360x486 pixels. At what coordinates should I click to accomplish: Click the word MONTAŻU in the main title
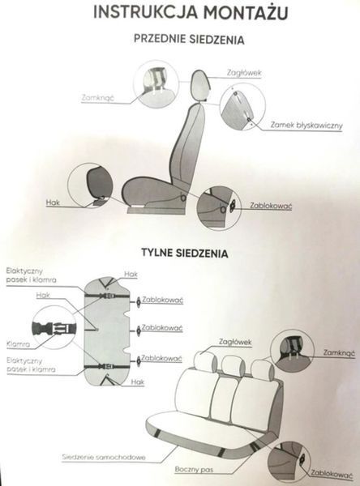point(246,13)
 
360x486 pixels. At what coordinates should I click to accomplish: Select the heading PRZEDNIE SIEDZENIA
point(189,40)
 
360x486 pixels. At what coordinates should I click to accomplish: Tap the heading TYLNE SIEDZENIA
point(185,253)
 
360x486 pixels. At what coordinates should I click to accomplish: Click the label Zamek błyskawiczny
point(306,126)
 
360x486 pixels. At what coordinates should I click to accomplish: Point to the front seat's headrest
point(200,85)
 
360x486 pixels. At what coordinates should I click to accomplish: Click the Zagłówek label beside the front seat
point(244,73)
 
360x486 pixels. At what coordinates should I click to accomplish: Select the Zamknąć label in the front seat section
point(98,98)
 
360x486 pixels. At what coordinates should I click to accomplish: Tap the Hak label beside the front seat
point(53,202)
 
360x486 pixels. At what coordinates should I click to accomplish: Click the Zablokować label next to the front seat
point(271,206)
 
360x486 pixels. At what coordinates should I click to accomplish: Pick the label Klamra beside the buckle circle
point(19,343)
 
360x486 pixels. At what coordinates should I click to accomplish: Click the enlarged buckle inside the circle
point(54,328)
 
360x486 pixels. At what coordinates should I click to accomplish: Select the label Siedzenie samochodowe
point(104,457)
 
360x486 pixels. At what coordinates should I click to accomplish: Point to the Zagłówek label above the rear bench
point(235,342)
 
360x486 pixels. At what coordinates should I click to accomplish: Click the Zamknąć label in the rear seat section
point(340,352)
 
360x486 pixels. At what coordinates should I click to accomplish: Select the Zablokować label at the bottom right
point(332,474)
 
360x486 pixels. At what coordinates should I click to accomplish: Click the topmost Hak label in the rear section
point(131,274)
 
